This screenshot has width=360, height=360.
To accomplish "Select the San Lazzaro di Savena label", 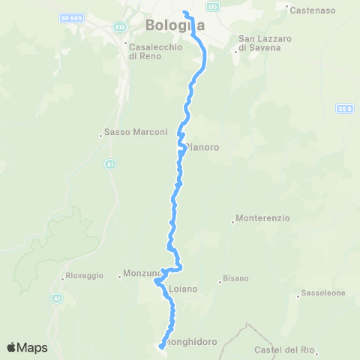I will pos(259,43).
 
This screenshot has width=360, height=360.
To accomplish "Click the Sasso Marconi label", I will pos(127,133).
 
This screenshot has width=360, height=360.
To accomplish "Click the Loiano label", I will pos(183,287).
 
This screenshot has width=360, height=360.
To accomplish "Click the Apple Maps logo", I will pos(27,347).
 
